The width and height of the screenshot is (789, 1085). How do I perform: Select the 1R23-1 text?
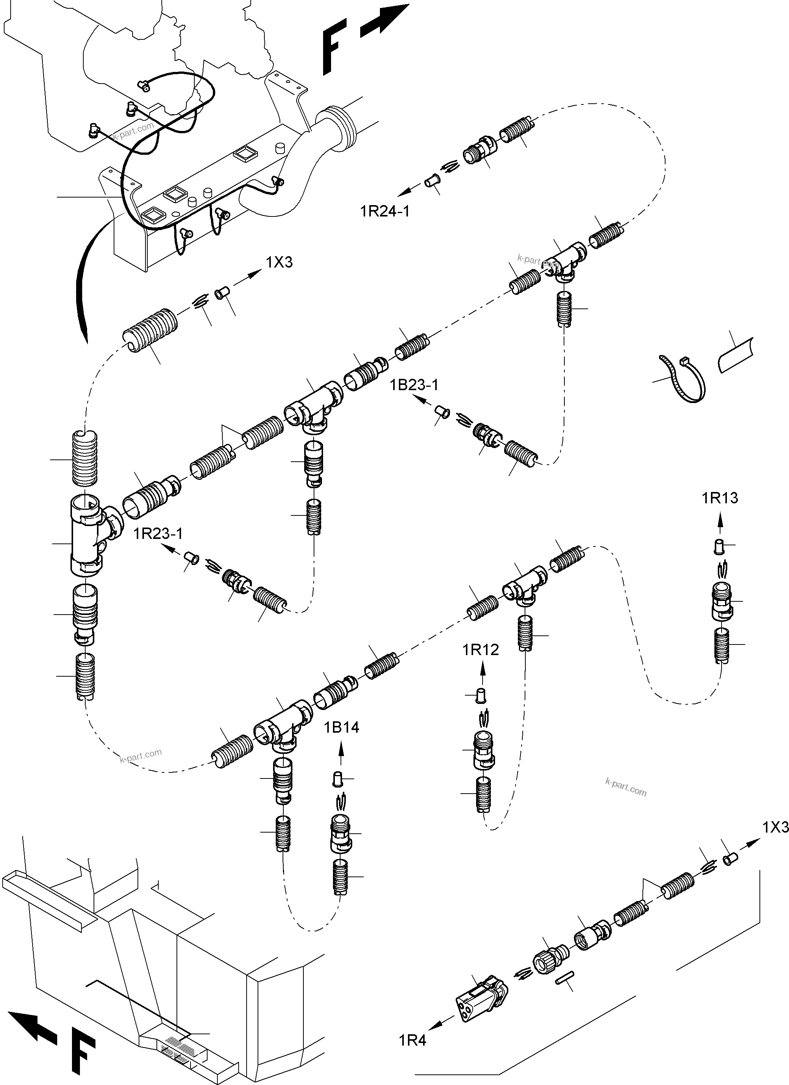[x=158, y=533]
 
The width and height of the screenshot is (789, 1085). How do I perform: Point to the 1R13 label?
[x=720, y=498]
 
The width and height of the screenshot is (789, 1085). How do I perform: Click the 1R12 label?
[x=480, y=650]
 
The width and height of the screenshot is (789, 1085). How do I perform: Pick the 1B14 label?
[x=341, y=727]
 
